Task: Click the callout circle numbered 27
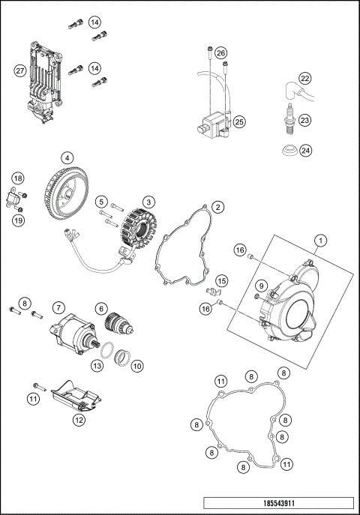pos(20,70)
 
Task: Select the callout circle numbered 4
pos(67,158)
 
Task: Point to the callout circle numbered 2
pos(217,206)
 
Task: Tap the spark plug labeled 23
pos(287,121)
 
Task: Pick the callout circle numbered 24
pos(304,150)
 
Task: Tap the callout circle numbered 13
pos(97,365)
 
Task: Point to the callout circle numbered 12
pos(79,421)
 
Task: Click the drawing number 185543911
pos(277,505)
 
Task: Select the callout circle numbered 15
pos(220,280)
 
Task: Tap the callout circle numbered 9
pos(260,286)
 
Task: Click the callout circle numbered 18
pos(18,178)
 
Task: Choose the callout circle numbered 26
pos(220,52)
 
